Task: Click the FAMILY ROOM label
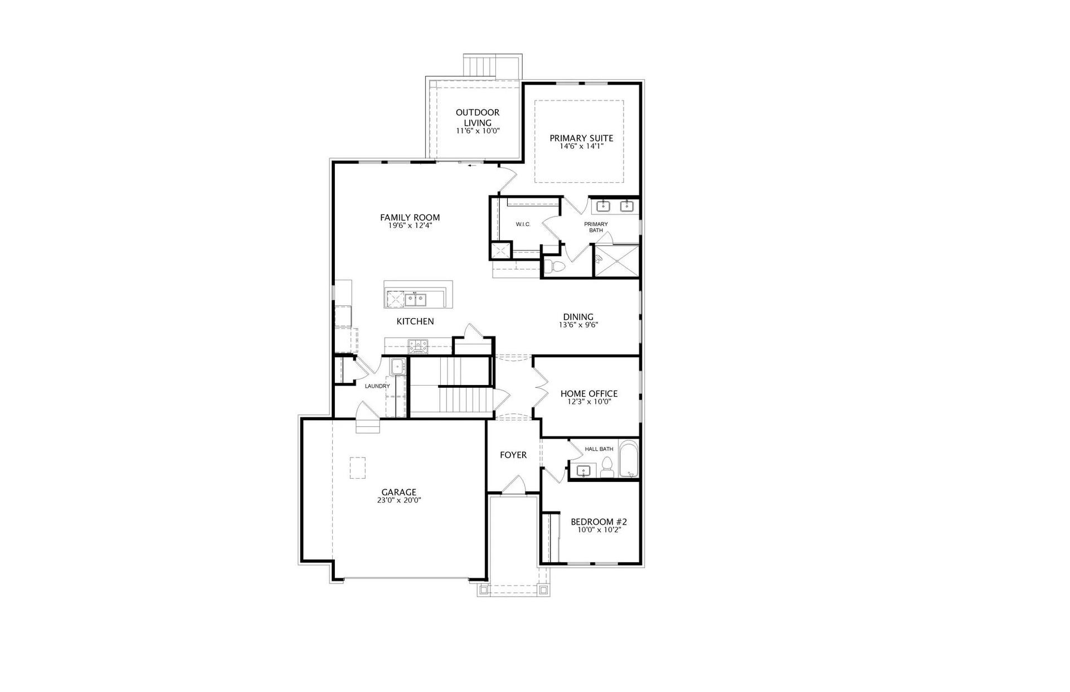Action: (410, 218)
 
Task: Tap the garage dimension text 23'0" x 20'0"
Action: (398, 500)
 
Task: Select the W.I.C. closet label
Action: (523, 224)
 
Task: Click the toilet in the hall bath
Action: (607, 469)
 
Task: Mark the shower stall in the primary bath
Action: (617, 260)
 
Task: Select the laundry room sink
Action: (397, 367)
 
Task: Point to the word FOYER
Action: (513, 455)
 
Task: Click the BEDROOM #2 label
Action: (599, 522)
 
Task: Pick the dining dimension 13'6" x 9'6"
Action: (578, 325)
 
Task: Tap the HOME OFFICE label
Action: (589, 394)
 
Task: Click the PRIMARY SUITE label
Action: (581, 138)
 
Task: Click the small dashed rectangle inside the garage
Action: (358, 468)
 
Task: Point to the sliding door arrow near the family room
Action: (473, 165)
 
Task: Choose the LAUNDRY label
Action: (377, 386)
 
